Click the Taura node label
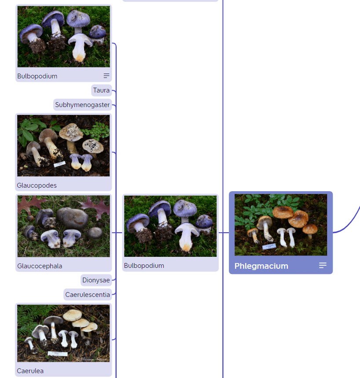click(x=101, y=90)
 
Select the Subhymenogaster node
click(x=82, y=104)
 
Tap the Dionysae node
click(x=96, y=280)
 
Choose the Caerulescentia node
click(x=88, y=295)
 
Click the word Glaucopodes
click(x=37, y=185)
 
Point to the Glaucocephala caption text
click(x=40, y=266)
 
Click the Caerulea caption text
click(x=30, y=371)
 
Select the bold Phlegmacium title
click(x=261, y=266)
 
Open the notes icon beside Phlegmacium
click(x=323, y=265)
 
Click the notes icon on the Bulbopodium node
click(x=107, y=76)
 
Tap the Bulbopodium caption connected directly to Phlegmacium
click(x=144, y=265)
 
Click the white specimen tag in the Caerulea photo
click(x=58, y=354)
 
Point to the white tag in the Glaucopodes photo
click(x=59, y=164)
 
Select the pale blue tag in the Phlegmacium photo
click(x=269, y=246)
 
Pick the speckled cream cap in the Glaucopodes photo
click(x=71, y=132)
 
